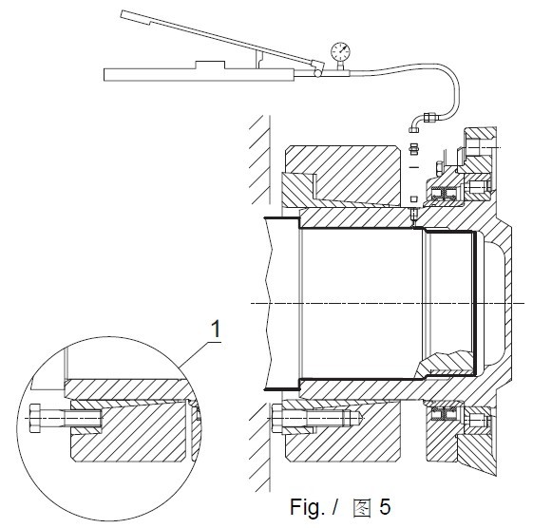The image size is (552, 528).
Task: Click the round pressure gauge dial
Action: [x=340, y=51]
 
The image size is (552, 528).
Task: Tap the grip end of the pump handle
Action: [x=136, y=18]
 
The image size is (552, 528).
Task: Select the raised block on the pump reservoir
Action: [x=210, y=66]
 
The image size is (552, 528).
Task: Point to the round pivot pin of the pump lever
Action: [x=317, y=73]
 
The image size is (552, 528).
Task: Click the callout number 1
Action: [x=215, y=330]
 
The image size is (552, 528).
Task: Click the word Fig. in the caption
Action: [x=307, y=507]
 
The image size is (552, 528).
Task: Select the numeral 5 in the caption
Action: [x=385, y=507]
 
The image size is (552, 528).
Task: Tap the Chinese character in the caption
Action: [x=362, y=508]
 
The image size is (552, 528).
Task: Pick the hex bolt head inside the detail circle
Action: [x=35, y=418]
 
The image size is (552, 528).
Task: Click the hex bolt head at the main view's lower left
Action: [x=277, y=418]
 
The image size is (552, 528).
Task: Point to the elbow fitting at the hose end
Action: [x=416, y=124]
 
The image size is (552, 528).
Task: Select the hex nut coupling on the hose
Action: [x=430, y=117]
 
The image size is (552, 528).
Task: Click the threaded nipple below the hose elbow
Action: [x=414, y=148]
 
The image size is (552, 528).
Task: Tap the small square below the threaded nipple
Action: [x=414, y=199]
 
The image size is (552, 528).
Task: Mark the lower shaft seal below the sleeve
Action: [x=444, y=414]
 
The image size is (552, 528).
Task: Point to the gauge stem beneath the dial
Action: [x=340, y=66]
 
